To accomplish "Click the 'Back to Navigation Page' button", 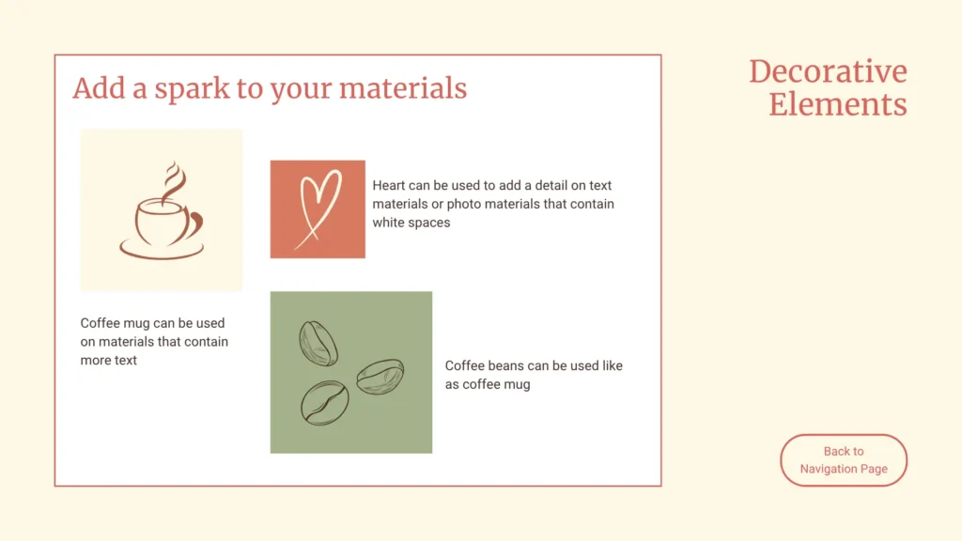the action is pyautogui.click(x=844, y=460).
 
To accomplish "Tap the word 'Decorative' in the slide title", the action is pyautogui.click(x=828, y=71).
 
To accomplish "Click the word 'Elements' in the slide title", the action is pyautogui.click(x=837, y=104).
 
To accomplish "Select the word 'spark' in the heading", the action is pyautogui.click(x=192, y=89).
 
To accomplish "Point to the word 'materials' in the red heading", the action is pyautogui.click(x=403, y=87).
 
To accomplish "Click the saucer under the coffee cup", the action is pyautogui.click(x=162, y=250).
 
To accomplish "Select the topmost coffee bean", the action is pyautogui.click(x=318, y=344).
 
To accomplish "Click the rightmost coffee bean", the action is pyautogui.click(x=380, y=376).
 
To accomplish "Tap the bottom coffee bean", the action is pyautogui.click(x=324, y=403).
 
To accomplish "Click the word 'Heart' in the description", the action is pyautogui.click(x=388, y=185).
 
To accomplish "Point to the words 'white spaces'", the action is pyautogui.click(x=411, y=223).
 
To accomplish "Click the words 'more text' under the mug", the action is pyautogui.click(x=109, y=360).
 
